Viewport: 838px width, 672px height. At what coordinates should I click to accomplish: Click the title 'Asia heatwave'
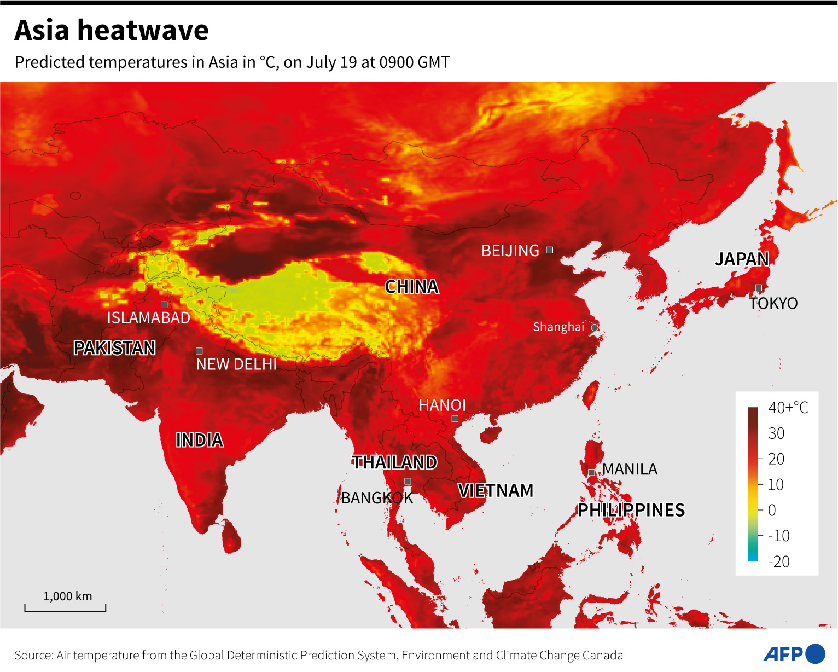pyautogui.click(x=112, y=30)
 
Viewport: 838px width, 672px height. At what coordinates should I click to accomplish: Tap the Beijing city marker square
pyautogui.click(x=550, y=250)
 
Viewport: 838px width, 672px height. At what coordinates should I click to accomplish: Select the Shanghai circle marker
pyautogui.click(x=595, y=327)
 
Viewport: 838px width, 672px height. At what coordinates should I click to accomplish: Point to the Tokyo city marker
pyautogui.click(x=759, y=288)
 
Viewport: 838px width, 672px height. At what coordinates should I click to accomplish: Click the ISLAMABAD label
pyautogui.click(x=148, y=318)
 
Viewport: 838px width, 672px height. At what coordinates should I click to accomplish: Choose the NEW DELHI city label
pyautogui.click(x=236, y=364)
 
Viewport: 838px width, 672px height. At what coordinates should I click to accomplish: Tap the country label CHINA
pyautogui.click(x=411, y=287)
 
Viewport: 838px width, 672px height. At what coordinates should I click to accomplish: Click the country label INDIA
pyautogui.click(x=199, y=440)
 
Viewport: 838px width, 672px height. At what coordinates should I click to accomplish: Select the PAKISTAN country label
pyautogui.click(x=115, y=348)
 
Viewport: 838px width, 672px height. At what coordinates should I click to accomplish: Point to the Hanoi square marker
pyautogui.click(x=455, y=419)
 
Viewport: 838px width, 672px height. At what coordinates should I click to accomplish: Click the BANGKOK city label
pyautogui.click(x=377, y=498)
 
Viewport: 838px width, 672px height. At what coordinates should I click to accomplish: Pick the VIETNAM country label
pyautogui.click(x=496, y=490)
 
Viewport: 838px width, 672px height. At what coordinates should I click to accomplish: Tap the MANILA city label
pyautogui.click(x=630, y=470)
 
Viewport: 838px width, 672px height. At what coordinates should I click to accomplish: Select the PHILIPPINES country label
pyautogui.click(x=631, y=510)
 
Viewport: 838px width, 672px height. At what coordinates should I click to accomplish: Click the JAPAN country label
pyautogui.click(x=742, y=259)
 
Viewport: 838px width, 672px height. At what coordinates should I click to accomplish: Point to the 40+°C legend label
pyautogui.click(x=788, y=408)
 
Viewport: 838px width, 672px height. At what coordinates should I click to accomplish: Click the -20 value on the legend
pyautogui.click(x=779, y=561)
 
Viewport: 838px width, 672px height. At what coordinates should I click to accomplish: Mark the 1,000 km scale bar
pyautogui.click(x=65, y=607)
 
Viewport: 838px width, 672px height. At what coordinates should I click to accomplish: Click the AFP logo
pyautogui.click(x=794, y=654)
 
